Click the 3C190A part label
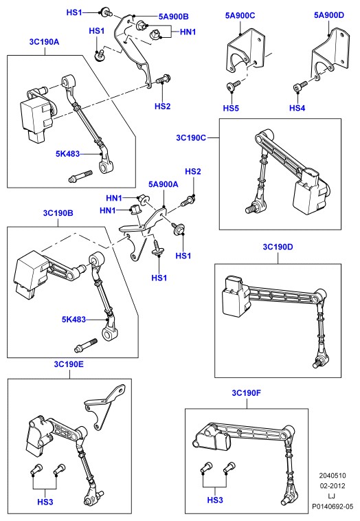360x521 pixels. point(44,42)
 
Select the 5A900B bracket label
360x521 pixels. point(173,16)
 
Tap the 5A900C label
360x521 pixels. point(240,15)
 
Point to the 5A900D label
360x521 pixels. point(329,15)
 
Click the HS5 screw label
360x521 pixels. point(231,108)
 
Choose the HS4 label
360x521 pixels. point(297,108)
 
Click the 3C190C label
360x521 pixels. point(191,137)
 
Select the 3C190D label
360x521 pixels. point(278,247)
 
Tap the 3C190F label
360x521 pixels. point(247,392)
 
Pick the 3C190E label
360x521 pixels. point(69,364)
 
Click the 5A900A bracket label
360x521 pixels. point(163,184)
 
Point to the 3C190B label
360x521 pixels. point(58,213)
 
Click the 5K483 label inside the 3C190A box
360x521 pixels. point(68,154)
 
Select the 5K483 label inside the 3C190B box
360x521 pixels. point(74,320)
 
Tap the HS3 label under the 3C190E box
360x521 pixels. point(45,502)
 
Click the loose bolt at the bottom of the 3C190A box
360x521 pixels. point(80,177)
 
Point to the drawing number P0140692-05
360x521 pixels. point(333,507)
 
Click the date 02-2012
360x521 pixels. point(333,486)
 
